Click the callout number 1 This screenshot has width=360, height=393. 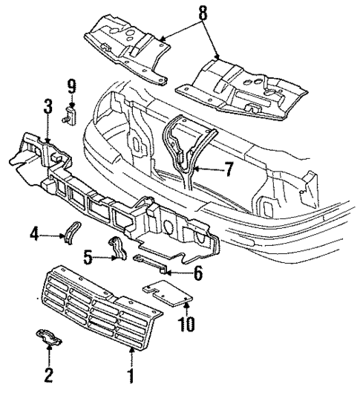[132, 376]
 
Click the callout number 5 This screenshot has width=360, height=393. [87, 259]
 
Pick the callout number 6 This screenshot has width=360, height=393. [197, 273]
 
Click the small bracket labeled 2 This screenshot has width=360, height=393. [48, 340]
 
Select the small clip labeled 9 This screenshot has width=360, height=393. [72, 114]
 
